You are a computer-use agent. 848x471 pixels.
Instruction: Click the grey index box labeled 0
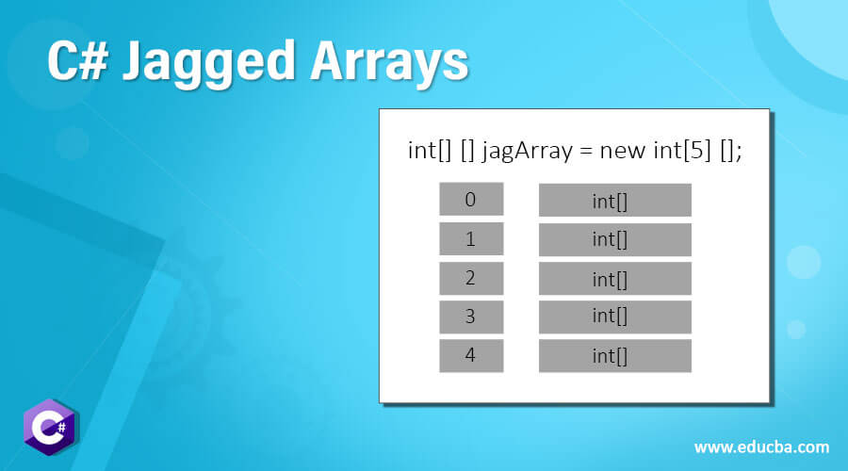pyautogui.click(x=471, y=199)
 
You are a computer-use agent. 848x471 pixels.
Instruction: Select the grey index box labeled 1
pyautogui.click(x=471, y=238)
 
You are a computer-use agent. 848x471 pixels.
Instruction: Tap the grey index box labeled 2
pyautogui.click(x=471, y=278)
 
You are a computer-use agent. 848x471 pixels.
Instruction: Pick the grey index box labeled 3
pyautogui.click(x=471, y=317)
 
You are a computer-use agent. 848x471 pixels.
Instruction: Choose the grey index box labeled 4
pyautogui.click(x=471, y=355)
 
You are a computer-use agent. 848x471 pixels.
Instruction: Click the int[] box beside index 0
pyautogui.click(x=614, y=200)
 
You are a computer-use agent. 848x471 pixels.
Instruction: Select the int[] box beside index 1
pyautogui.click(x=614, y=239)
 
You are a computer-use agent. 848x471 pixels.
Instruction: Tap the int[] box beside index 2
pyautogui.click(x=614, y=279)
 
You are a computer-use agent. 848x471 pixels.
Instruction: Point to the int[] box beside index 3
pyautogui.click(x=614, y=317)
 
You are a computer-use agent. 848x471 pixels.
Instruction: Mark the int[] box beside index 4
pyautogui.click(x=614, y=355)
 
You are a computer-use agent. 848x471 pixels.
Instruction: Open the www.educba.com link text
pyautogui.click(x=761, y=447)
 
